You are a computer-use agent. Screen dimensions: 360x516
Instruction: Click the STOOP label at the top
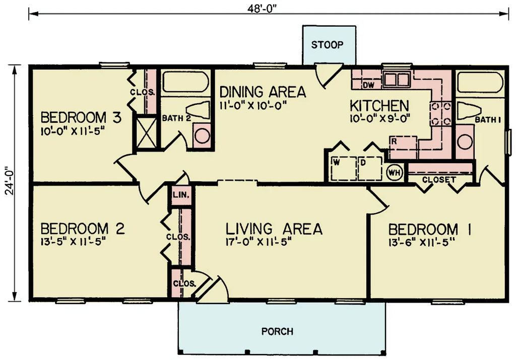(327, 44)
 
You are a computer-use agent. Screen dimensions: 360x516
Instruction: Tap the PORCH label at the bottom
(277, 331)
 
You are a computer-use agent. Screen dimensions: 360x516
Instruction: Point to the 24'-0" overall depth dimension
(7, 183)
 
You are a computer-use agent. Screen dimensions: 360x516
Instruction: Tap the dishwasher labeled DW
(368, 85)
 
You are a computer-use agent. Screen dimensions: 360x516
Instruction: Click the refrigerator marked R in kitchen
(403, 143)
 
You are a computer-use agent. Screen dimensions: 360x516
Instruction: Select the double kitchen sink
(396, 79)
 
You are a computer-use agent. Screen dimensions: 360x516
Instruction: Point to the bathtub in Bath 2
(185, 82)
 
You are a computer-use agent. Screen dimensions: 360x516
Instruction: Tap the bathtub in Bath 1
(480, 82)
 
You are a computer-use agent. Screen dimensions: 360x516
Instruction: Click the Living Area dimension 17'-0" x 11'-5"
(259, 242)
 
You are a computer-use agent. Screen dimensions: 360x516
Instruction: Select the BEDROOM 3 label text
(81, 118)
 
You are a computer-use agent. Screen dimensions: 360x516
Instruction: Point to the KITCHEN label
(379, 106)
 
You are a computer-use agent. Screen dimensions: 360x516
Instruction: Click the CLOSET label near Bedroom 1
(439, 179)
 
